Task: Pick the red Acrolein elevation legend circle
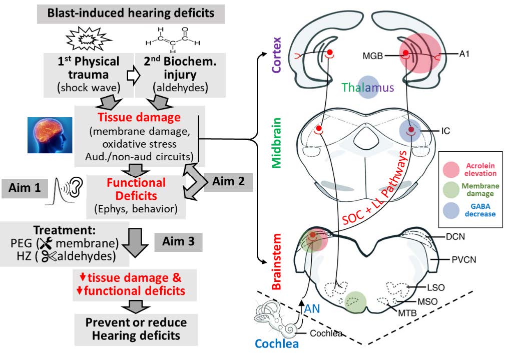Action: tap(454, 169)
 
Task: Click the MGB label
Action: tap(373, 56)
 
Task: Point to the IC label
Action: tap(446, 131)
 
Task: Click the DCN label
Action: tap(454, 237)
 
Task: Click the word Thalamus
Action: tap(368, 88)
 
